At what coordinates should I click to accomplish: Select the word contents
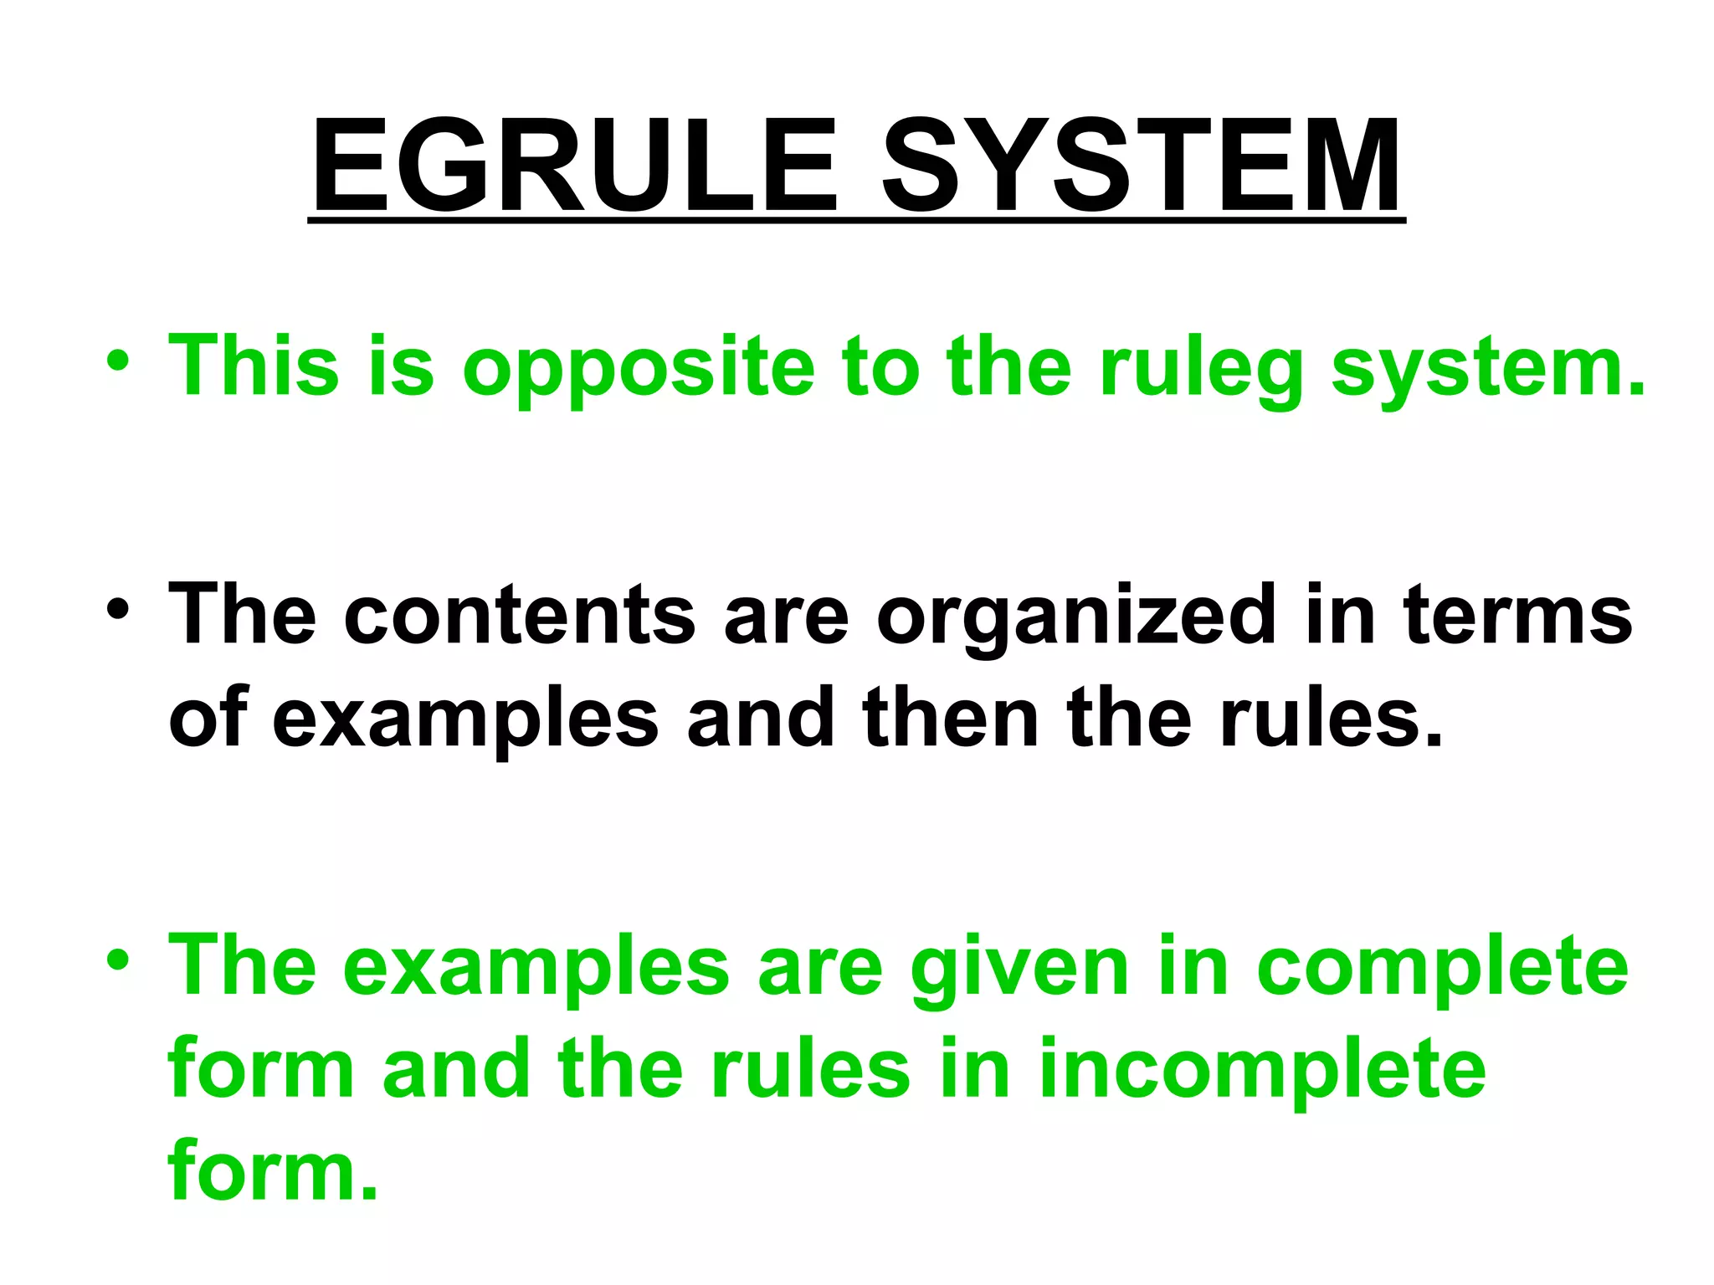[519, 615]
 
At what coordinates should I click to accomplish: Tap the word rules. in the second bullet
[1332, 717]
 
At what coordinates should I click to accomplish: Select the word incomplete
[1262, 1072]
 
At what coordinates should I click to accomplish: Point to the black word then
[950, 717]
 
